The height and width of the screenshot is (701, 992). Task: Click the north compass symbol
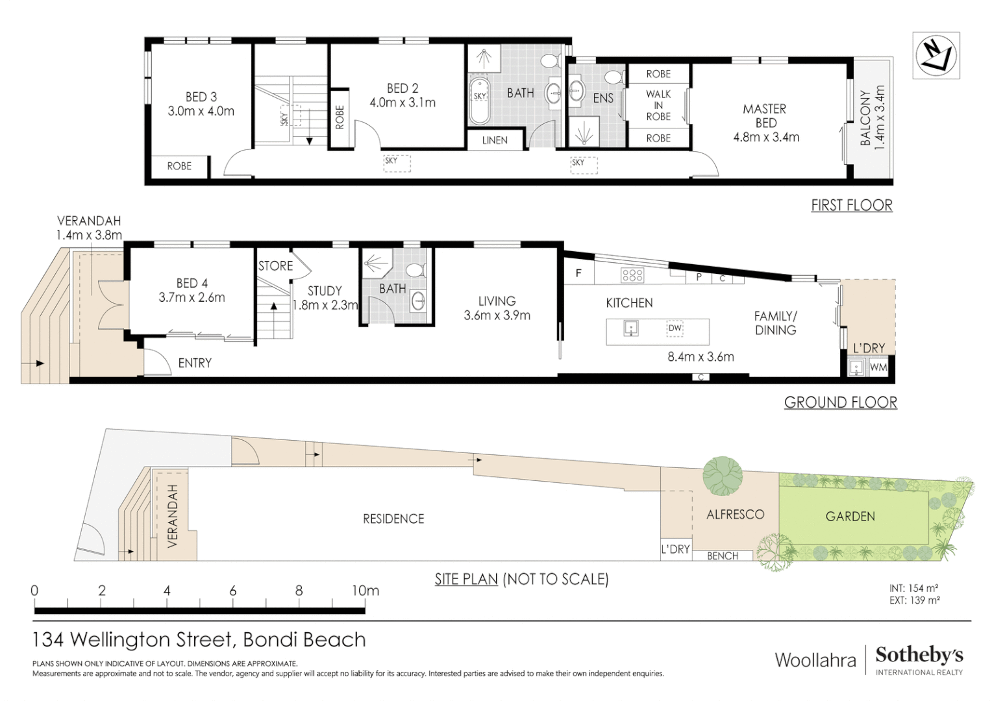[936, 55]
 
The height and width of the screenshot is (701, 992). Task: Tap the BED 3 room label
[201, 97]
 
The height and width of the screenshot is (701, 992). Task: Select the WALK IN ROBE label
[658, 105]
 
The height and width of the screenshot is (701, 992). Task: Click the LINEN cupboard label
[495, 140]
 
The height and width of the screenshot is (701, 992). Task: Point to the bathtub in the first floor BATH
[479, 101]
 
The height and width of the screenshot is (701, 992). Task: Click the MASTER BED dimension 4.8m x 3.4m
[766, 137]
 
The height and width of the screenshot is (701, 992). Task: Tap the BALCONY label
[865, 117]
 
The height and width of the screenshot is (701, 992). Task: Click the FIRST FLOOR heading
[851, 205]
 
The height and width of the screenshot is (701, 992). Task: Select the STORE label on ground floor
[275, 265]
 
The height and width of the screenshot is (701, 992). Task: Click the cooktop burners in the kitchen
[632, 275]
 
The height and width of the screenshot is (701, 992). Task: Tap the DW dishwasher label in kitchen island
[675, 328]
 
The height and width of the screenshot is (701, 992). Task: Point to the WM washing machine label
[878, 367]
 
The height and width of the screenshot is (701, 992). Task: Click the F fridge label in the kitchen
[578, 273]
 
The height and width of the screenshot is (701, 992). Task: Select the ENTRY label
[195, 363]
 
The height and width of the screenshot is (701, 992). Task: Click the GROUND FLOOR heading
[840, 402]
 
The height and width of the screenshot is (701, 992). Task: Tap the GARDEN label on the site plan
[850, 517]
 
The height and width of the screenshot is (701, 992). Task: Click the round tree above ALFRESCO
[722, 475]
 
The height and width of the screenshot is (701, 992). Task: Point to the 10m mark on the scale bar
[365, 591]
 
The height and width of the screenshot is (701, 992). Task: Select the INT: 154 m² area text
[913, 588]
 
